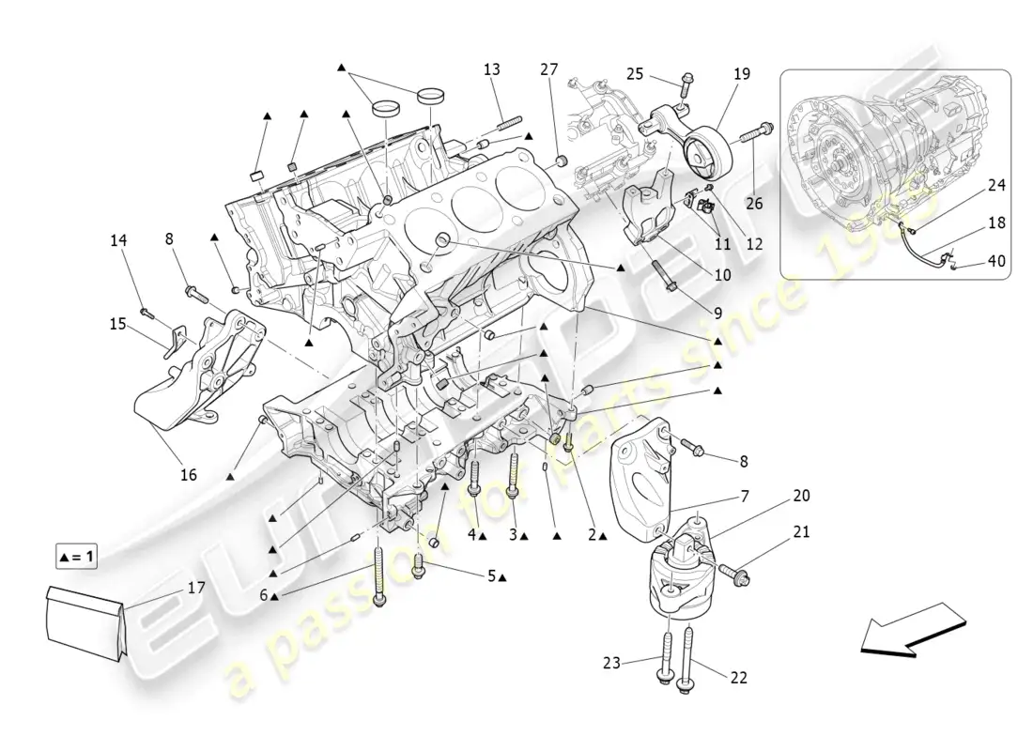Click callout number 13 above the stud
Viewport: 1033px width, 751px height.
click(493, 69)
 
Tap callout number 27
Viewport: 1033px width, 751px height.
click(549, 69)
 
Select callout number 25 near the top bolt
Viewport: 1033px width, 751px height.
click(636, 73)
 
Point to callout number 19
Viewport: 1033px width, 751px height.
click(742, 73)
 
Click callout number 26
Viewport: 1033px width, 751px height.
click(755, 202)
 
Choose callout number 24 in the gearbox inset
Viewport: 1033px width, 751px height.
click(996, 186)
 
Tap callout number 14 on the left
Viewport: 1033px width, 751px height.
click(117, 240)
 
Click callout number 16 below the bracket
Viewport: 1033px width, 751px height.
click(189, 475)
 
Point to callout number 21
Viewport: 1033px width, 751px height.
click(800, 532)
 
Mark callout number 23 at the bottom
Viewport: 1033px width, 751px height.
click(612, 663)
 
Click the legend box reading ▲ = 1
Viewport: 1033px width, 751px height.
click(77, 557)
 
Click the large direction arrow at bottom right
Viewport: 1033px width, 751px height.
click(911, 636)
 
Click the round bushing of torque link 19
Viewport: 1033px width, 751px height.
click(709, 154)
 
